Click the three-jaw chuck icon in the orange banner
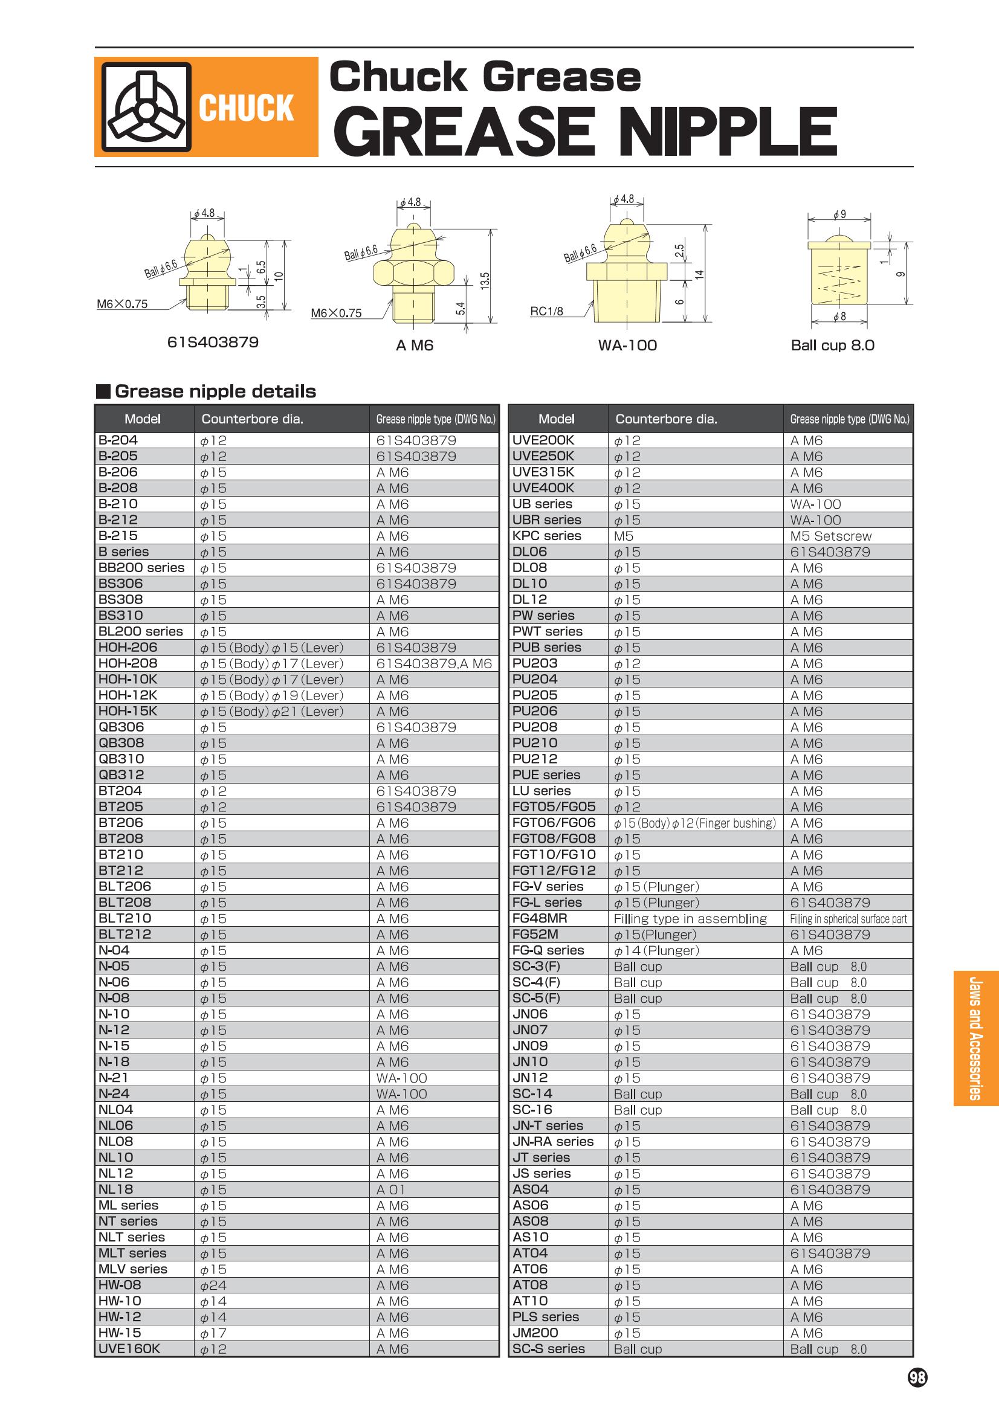146,107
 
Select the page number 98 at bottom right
917,1377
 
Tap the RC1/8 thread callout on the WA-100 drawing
546,311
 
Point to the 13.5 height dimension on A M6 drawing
485,282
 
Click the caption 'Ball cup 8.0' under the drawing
832,346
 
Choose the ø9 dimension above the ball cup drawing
839,214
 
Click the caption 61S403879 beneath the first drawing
213,342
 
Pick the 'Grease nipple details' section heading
215,391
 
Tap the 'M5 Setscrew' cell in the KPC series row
830,536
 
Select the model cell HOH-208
128,663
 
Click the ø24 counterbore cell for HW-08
213,1285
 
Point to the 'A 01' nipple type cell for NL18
391,1189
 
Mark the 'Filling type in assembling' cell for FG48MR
690,919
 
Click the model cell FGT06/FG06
554,823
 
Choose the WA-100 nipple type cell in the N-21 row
401,1078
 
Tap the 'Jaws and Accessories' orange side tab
975,1038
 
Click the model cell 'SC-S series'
548,1349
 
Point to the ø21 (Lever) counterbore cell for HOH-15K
271,712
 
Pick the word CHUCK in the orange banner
246,108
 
